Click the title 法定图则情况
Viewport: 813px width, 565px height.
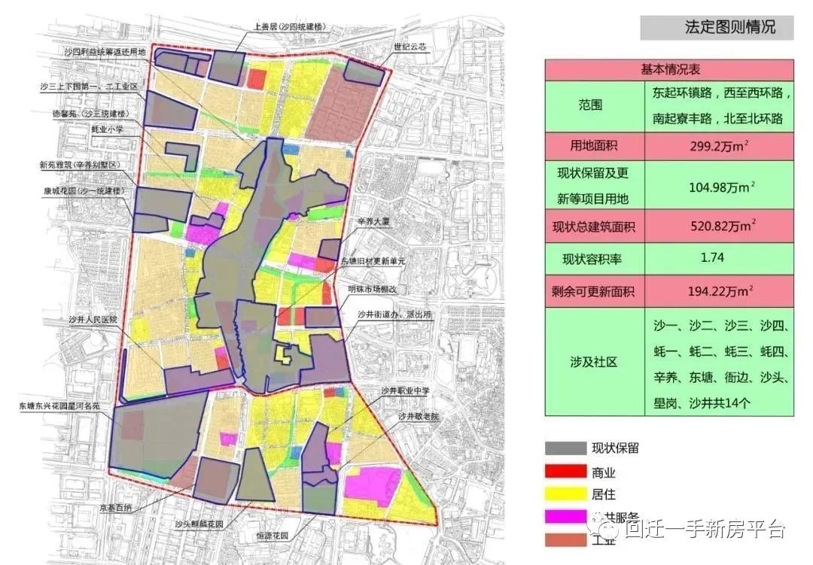(718, 28)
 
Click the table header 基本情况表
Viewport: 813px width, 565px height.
(670, 69)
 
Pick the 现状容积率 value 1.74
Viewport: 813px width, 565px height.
(712, 257)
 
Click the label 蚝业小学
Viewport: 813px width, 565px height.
(107, 129)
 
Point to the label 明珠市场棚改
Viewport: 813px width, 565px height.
(378, 289)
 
